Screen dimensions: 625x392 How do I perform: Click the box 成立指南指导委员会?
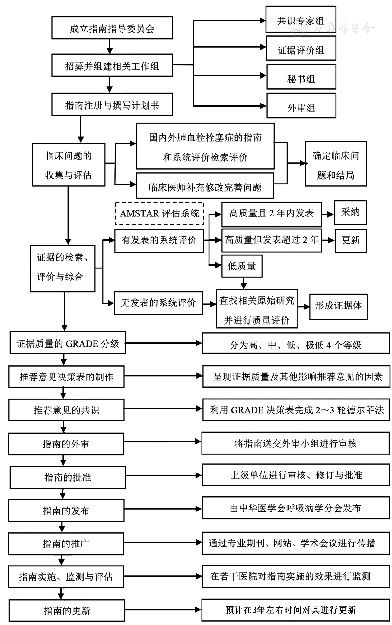(x=112, y=28)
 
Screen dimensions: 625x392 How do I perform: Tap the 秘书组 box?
(x=301, y=77)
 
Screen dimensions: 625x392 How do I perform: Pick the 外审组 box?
(x=301, y=106)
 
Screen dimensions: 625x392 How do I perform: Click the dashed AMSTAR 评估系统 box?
(x=159, y=213)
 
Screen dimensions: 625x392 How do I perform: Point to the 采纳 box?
(x=350, y=213)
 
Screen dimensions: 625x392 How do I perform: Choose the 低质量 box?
(x=242, y=266)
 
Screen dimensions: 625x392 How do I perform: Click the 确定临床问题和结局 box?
(x=336, y=164)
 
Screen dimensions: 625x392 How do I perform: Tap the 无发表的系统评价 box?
(x=158, y=303)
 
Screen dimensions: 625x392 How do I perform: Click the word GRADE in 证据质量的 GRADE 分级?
(x=82, y=344)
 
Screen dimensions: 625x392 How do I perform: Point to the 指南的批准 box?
(x=67, y=477)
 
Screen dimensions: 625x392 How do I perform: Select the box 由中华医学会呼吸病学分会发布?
(x=295, y=508)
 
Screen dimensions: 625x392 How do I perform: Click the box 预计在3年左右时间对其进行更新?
(x=295, y=610)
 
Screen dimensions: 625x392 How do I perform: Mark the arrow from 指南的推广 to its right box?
(x=163, y=542)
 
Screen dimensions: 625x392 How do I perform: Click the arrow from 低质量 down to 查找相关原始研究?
(x=244, y=283)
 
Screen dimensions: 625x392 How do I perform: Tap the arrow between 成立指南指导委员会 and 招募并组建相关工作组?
(x=110, y=46)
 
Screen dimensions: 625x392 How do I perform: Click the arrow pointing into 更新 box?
(x=328, y=240)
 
